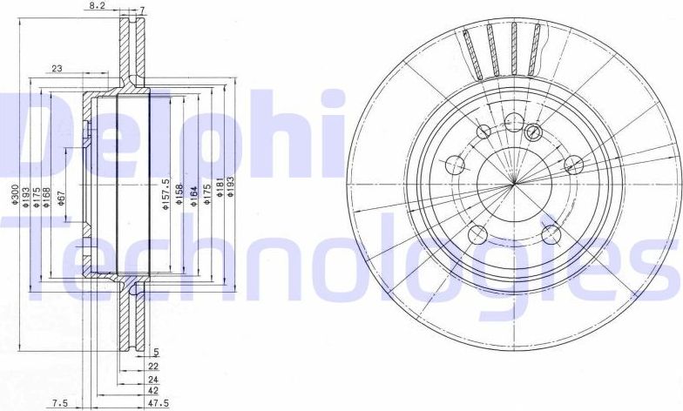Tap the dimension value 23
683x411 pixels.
point(57,68)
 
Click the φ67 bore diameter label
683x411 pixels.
point(60,199)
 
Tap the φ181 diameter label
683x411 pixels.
point(220,193)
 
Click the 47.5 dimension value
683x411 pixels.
point(157,404)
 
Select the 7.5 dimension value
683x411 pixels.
point(60,404)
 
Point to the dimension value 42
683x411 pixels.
point(153,392)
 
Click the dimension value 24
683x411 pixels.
point(153,380)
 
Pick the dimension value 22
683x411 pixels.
point(153,367)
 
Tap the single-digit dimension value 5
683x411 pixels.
point(156,353)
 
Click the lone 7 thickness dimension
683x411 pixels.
point(142,6)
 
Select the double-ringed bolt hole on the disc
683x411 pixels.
point(534,131)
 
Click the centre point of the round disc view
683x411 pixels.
point(514,184)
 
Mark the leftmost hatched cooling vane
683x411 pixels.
point(471,53)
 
